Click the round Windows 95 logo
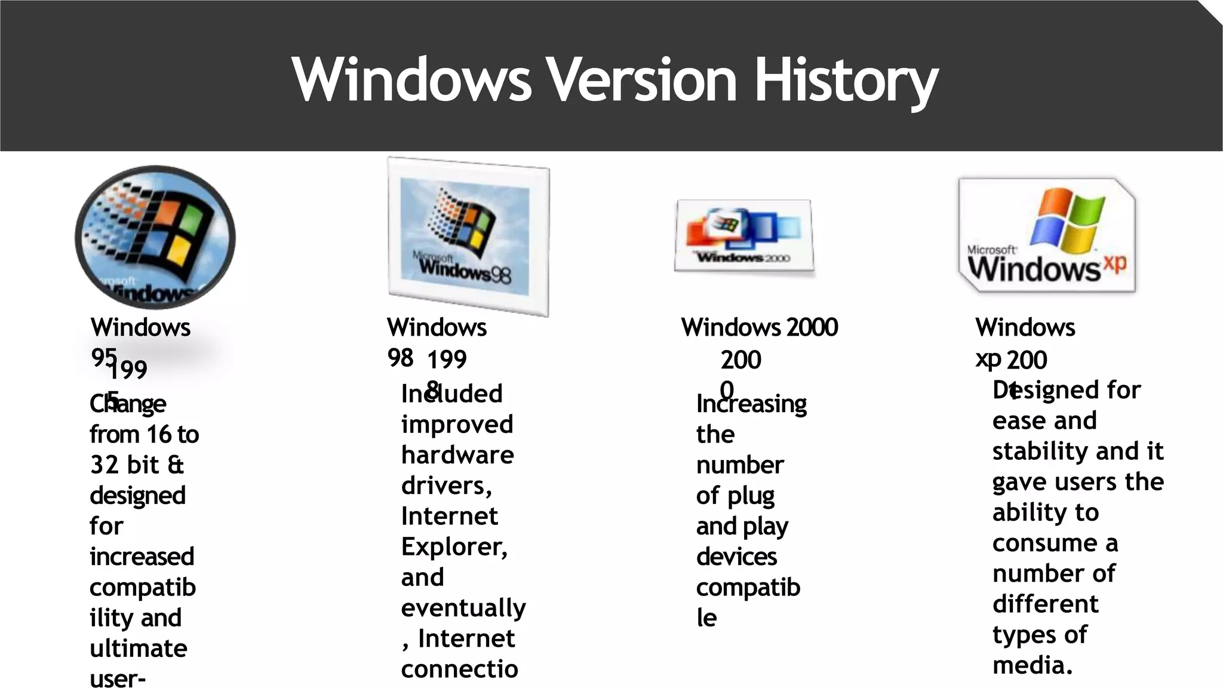tap(155, 237)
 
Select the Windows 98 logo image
tap(468, 236)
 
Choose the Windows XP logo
tap(1047, 235)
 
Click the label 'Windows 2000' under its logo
tap(759, 327)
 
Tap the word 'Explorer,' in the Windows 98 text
tap(454, 546)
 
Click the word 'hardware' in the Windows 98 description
tap(457, 455)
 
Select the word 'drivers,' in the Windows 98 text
tap(446, 486)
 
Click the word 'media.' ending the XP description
tap(1033, 665)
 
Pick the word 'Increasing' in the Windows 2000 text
tap(751, 404)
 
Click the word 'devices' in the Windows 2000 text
tap(736, 557)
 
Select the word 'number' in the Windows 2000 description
tap(740, 465)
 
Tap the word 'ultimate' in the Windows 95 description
tap(139, 649)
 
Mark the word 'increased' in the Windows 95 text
tap(142, 557)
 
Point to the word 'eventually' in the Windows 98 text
tap(463, 608)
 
